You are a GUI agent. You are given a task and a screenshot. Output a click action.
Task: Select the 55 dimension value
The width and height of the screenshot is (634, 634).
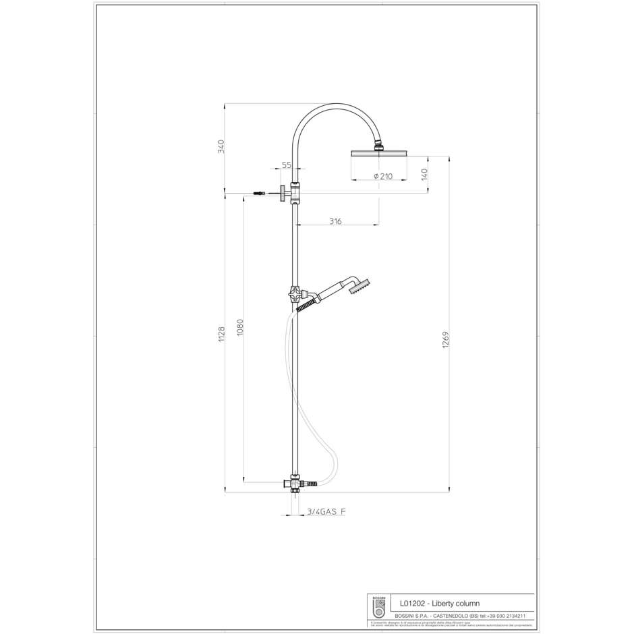286,165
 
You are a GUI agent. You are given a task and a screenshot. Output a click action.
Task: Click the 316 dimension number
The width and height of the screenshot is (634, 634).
335,221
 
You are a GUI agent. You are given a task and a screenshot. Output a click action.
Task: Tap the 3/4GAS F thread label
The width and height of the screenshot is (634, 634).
326,513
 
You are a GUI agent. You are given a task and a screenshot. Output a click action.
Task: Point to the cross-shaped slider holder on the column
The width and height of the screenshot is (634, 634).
295,294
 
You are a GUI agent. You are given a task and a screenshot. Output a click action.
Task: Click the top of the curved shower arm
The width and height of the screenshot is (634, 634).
335,105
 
